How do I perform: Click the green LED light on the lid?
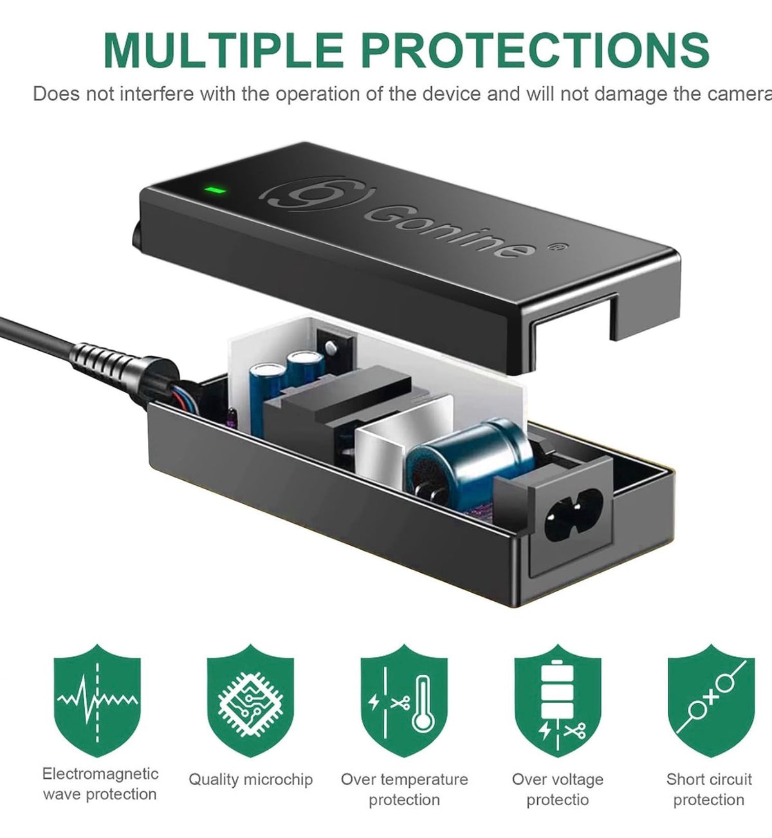215,191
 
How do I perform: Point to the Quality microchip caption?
251,780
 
